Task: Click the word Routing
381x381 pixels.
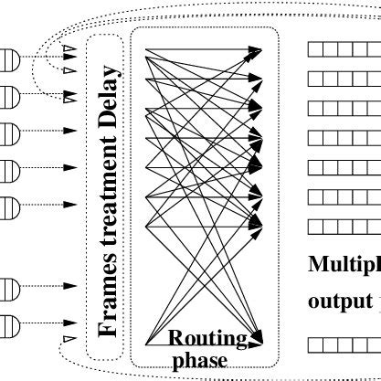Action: (208, 340)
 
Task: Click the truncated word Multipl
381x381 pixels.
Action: (344, 265)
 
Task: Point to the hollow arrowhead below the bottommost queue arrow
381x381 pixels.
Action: (66, 342)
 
